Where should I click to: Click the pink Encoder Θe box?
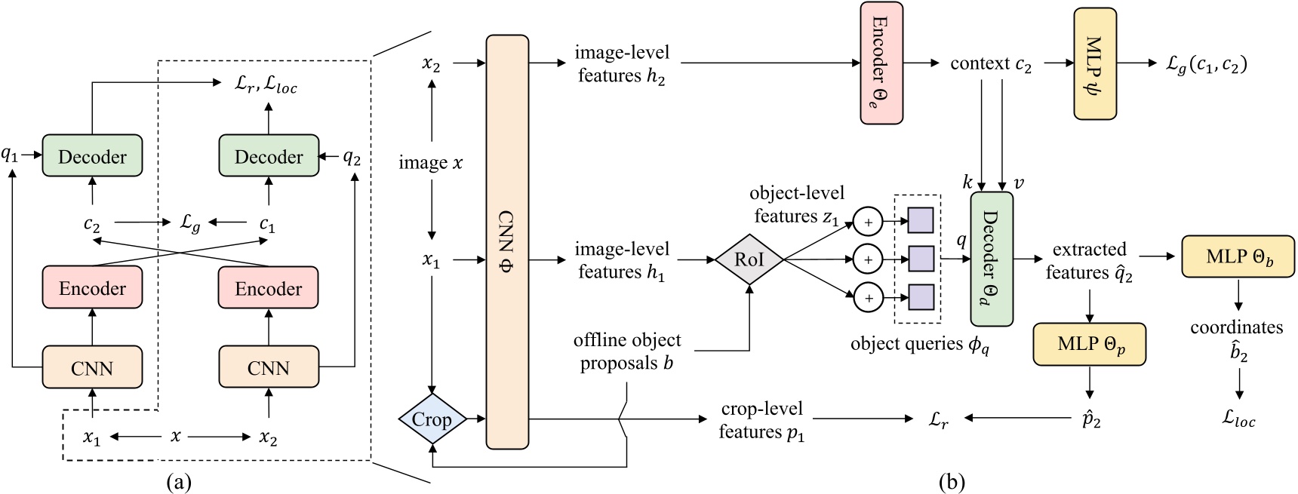click(881, 63)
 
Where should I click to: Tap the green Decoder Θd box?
click(991, 259)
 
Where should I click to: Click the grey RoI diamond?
click(749, 259)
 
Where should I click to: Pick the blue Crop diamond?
click(432, 419)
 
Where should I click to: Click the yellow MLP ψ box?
click(1095, 63)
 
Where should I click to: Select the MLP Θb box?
click(1238, 257)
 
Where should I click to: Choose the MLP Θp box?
click(1090, 344)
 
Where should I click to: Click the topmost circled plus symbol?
click(868, 222)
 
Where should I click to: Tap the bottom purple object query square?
click(921, 297)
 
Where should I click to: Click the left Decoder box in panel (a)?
click(92, 156)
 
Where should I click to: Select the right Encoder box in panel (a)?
click(268, 288)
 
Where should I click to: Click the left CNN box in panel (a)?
click(92, 367)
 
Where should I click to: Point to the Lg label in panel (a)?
click(189, 223)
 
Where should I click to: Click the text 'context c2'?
click(990, 64)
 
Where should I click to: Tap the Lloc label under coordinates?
click(1238, 419)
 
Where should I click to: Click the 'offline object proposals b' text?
click(626, 351)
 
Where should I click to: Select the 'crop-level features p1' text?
click(761, 420)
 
